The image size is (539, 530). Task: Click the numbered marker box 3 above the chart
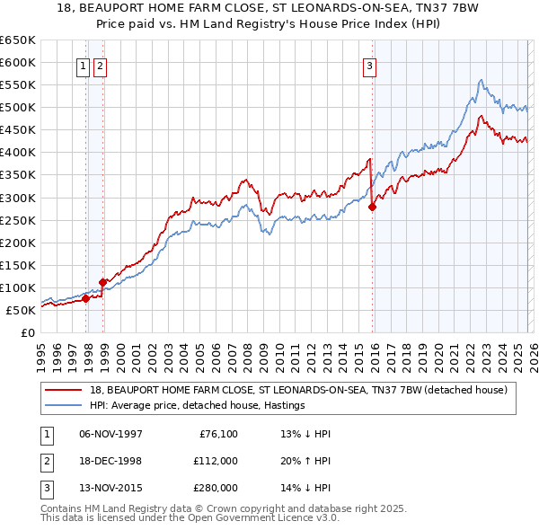pyautogui.click(x=369, y=65)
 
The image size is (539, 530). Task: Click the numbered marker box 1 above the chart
pyautogui.click(x=83, y=65)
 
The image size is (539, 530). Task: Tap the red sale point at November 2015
pyautogui.click(x=372, y=206)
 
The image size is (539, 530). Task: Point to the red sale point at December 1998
pyautogui.click(x=103, y=282)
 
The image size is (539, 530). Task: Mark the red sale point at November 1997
pyautogui.click(x=86, y=298)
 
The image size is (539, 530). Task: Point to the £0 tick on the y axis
pyautogui.click(x=27, y=332)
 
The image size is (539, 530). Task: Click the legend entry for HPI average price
pyautogui.click(x=197, y=405)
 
